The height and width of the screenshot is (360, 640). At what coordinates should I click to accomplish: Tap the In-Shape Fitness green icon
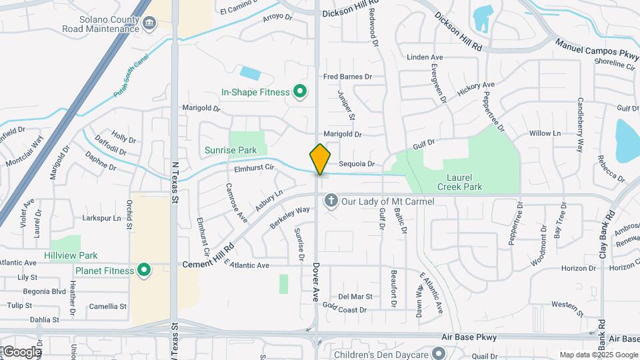click(300, 92)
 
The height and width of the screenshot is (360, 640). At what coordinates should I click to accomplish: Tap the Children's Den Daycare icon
click(437, 353)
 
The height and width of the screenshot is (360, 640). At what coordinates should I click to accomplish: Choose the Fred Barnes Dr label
click(347, 77)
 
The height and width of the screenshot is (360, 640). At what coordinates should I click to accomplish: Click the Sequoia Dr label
click(357, 163)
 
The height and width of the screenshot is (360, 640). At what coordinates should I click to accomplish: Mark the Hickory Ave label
click(476, 86)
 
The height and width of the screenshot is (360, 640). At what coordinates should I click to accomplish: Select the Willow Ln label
click(545, 133)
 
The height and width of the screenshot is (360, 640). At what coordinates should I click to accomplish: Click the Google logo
click(22, 352)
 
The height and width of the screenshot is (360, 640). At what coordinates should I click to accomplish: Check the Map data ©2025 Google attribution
click(599, 355)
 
